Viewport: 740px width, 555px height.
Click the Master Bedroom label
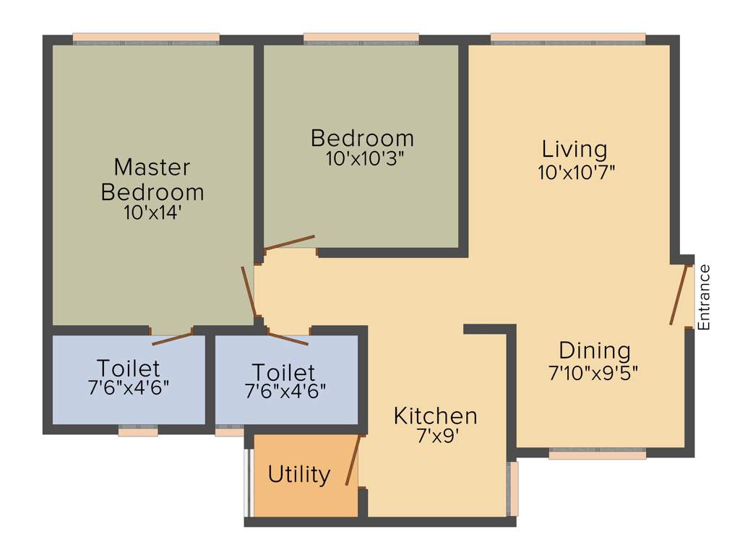coord(152,180)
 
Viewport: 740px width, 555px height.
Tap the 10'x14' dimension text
coord(152,212)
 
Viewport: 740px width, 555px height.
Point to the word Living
coord(575,150)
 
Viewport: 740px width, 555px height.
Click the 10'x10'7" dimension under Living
coord(576,173)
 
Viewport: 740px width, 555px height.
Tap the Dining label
coord(595,351)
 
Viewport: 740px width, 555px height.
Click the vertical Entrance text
coord(705,297)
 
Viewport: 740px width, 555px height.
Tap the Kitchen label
coord(435,416)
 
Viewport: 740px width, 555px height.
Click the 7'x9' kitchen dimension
coord(436,436)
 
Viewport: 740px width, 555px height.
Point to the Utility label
coord(299,475)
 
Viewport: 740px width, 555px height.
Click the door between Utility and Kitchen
coord(353,460)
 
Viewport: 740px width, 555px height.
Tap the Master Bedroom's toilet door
coord(173,337)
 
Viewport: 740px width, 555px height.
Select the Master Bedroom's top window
coord(146,38)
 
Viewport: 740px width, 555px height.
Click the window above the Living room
coord(568,38)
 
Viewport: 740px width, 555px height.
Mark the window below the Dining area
coord(597,454)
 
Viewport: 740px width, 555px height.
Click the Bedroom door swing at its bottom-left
coord(289,243)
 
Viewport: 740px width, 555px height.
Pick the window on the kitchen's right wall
coord(513,489)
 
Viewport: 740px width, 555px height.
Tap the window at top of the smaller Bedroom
coord(361,38)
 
